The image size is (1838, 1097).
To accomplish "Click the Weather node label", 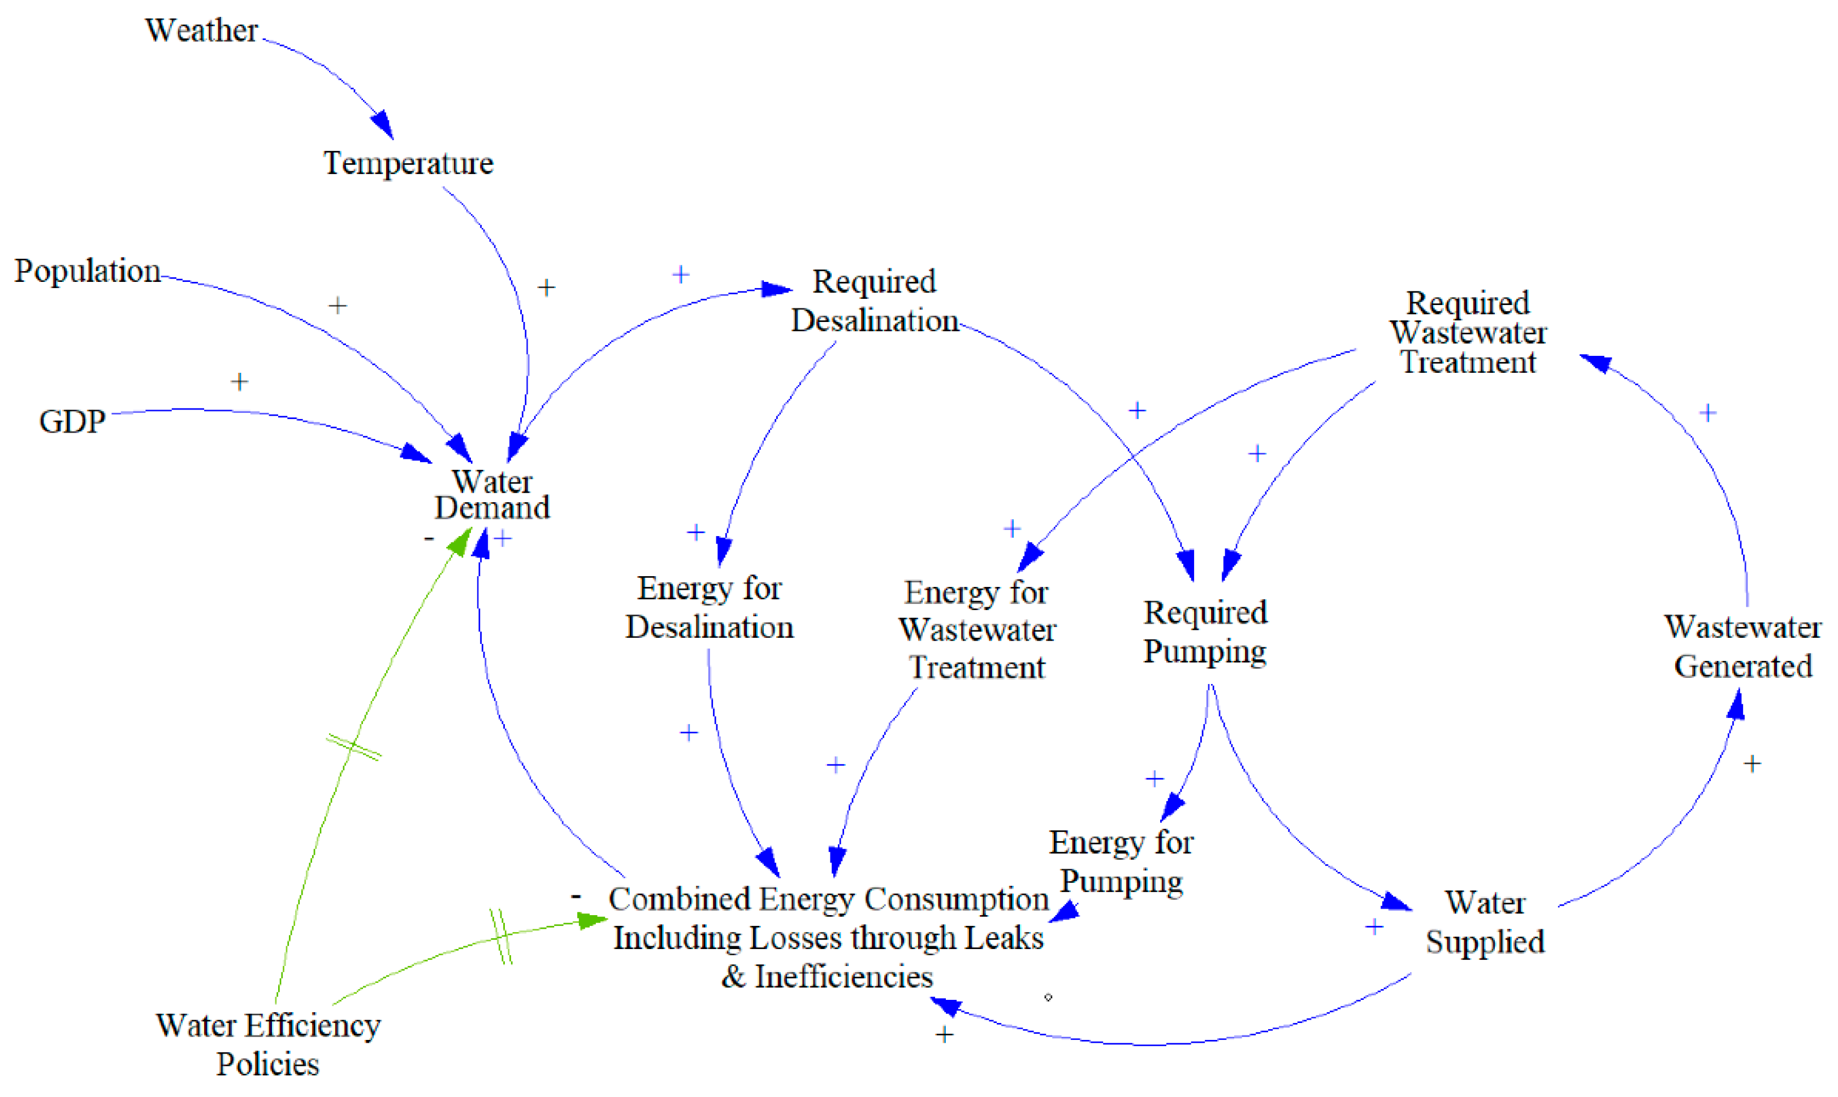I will [201, 31].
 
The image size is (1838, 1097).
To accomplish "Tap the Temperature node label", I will [408, 163].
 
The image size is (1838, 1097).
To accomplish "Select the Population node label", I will [87, 271].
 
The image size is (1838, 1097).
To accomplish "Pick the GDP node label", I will [72, 421].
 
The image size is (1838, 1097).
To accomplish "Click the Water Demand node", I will [492, 494].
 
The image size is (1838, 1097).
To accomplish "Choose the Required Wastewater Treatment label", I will [1468, 333].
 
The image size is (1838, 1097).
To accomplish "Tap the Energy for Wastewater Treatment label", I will [977, 630].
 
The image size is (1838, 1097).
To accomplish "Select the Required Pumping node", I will [1205, 632].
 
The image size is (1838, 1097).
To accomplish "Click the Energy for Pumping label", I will [1121, 862].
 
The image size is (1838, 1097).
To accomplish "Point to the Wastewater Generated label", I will [1742, 647].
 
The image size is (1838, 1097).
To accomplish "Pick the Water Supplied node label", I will [1485, 922].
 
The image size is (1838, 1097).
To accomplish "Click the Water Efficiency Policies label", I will [268, 1044].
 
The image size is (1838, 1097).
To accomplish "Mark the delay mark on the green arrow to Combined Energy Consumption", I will [501, 937].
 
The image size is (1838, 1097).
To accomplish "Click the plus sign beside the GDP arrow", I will [239, 381].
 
